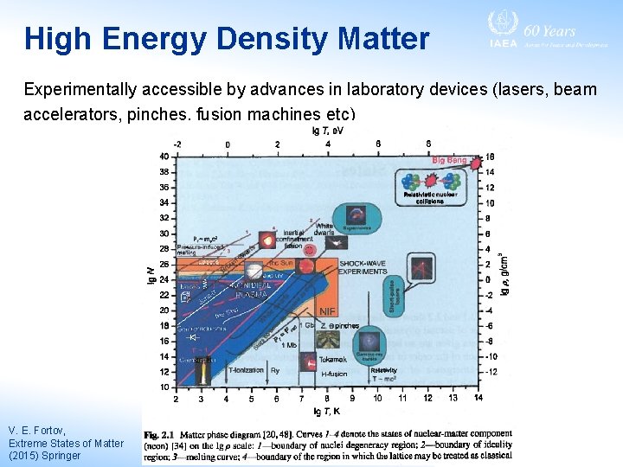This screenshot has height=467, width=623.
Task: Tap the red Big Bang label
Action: [x=449, y=160]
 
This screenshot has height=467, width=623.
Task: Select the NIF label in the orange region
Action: [x=328, y=311]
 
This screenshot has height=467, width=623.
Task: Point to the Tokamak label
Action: [x=334, y=358]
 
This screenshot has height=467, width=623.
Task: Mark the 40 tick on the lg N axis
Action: [x=164, y=157]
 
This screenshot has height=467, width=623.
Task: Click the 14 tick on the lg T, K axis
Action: [x=478, y=399]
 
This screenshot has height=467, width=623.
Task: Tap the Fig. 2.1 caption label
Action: [x=161, y=434]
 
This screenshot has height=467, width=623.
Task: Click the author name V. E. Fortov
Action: [x=37, y=430]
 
